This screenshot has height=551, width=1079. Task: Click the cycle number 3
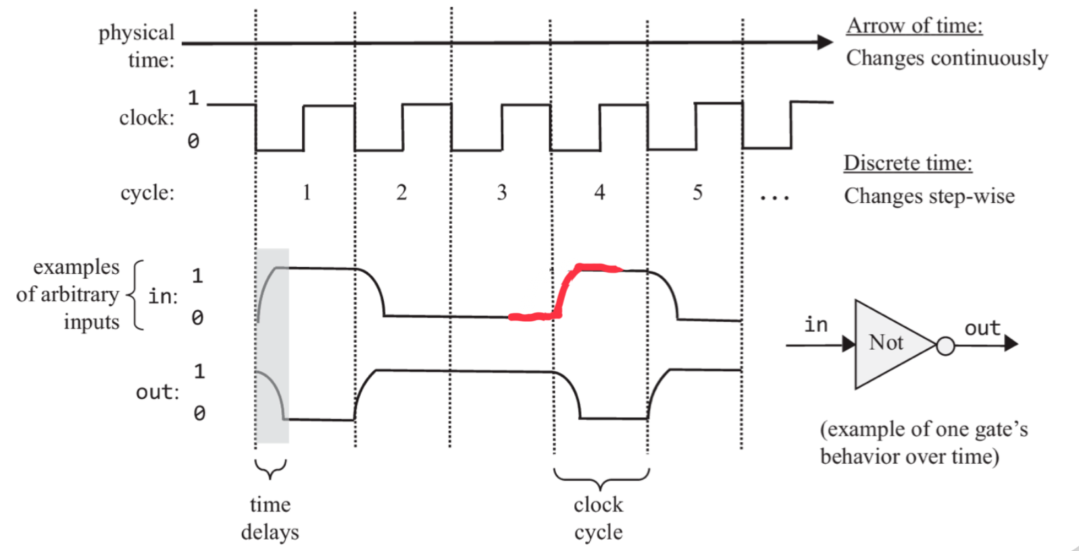(501, 193)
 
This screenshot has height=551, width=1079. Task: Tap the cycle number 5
(697, 193)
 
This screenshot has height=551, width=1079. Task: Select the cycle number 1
(306, 193)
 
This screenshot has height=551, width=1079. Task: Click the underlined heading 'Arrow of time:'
(914, 26)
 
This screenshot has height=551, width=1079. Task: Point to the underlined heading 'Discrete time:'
(907, 163)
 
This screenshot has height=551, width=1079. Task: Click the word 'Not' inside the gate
(886, 343)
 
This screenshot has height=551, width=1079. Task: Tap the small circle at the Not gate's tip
(945, 347)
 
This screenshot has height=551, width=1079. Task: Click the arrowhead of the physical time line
(825, 42)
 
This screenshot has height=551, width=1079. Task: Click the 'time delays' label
(270, 518)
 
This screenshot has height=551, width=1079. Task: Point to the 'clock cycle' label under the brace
(599, 518)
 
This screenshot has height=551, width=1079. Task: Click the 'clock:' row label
(147, 118)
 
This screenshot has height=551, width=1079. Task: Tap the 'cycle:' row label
(147, 193)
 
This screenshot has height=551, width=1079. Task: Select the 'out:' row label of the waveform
(157, 392)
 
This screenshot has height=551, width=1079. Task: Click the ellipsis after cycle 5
(774, 198)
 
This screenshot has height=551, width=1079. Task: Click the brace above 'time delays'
(270, 469)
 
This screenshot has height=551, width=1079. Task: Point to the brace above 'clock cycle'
(601, 479)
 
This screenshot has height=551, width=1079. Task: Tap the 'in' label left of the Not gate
(815, 325)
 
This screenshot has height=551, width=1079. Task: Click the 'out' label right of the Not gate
(982, 328)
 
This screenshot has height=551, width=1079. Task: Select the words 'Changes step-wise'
(929, 196)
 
